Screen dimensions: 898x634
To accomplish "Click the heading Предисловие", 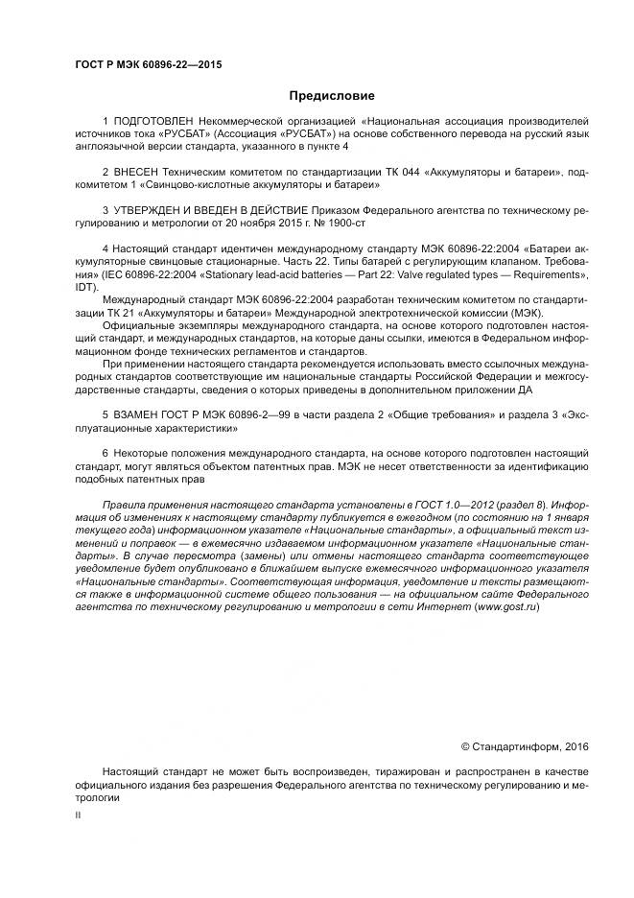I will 332,96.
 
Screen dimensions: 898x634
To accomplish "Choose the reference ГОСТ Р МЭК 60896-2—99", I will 227,413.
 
